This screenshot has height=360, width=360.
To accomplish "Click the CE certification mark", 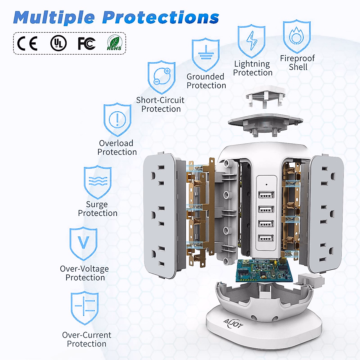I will coord(27,43).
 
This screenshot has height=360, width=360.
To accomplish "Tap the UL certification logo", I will coord(58,43).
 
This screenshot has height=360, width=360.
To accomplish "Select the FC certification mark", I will coord(86,43).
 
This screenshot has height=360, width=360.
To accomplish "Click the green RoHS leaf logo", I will coord(114,43).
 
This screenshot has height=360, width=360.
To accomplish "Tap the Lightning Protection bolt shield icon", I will coord(251,41).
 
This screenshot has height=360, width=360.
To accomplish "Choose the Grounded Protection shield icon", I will coord(206,54).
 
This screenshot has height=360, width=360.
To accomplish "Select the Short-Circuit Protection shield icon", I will coord(161,77).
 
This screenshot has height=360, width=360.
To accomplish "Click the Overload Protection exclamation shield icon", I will coord(117,119).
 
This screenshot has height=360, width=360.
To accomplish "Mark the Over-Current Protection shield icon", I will coord(85,307).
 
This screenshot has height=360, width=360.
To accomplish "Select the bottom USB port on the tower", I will coord(266,238).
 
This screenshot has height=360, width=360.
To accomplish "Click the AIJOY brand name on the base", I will coord(233,324).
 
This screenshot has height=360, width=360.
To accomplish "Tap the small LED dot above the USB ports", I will coord(266,184).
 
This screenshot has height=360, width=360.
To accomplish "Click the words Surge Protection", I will coord(97,209).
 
